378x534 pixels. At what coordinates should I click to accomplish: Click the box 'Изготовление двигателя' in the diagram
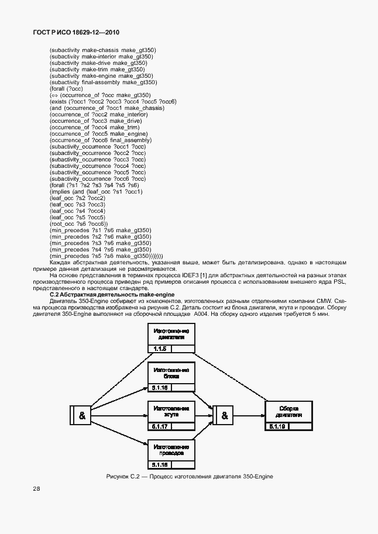coord(171,334)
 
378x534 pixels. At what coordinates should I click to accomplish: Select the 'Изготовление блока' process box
coord(171,373)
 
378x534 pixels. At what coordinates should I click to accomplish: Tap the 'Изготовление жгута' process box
coord(171,411)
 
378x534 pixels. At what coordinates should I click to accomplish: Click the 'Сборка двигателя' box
coord(290,411)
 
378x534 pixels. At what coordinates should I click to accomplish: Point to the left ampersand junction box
coord(81,415)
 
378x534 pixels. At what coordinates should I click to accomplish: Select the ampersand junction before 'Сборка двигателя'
coord(224,415)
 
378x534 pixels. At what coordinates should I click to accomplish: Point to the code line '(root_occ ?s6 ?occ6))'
coord(79,224)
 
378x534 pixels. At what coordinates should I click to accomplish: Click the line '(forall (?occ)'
coord(66,89)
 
